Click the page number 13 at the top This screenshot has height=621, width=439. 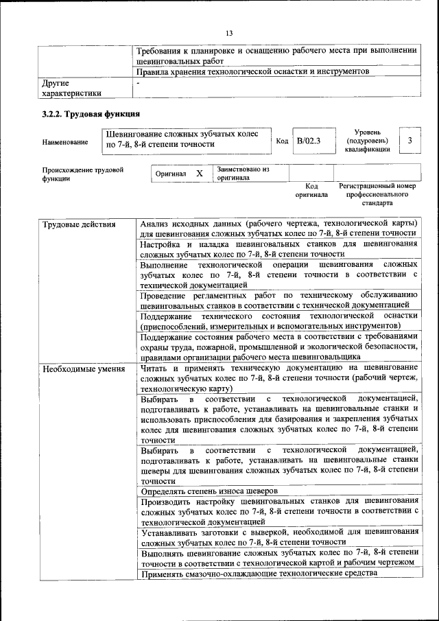point(229,32)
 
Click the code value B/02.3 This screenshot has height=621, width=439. point(309,141)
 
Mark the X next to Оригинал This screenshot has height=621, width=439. point(199,174)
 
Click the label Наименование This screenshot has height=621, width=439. point(64,142)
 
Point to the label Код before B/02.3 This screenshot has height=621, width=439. point(281,141)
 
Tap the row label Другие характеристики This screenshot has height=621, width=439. point(71,88)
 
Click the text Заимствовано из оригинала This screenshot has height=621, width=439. point(243,173)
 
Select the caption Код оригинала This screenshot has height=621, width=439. point(311,190)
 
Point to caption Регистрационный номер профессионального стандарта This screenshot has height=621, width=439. point(377,194)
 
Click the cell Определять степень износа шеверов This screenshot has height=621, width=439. point(209,491)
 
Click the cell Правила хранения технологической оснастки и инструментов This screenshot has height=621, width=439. point(253,71)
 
